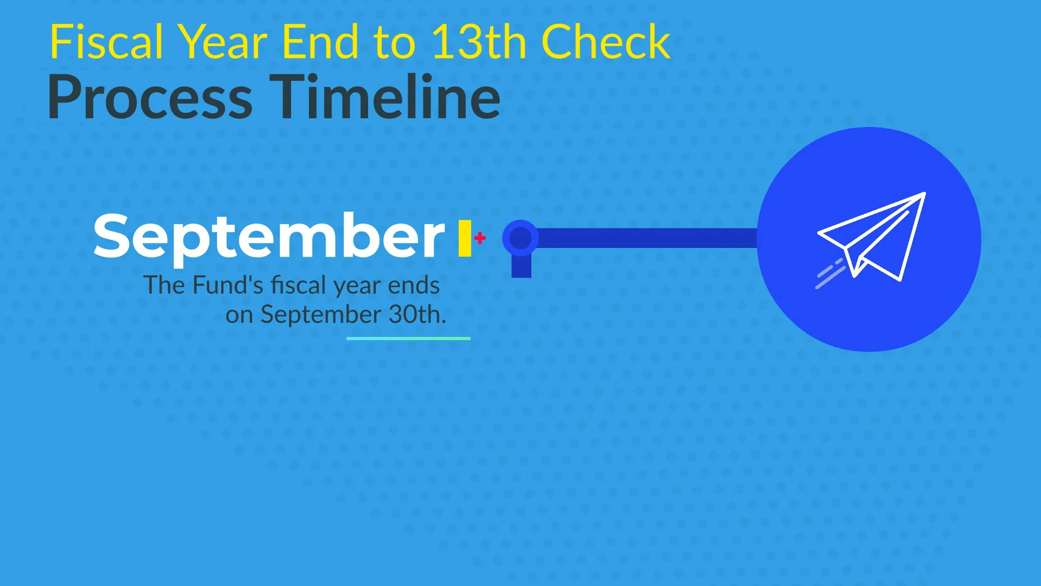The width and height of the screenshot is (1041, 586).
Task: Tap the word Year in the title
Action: pyautogui.click(x=223, y=42)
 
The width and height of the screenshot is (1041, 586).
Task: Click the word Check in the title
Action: pyautogui.click(x=606, y=42)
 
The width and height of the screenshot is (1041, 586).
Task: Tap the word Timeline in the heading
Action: pyautogui.click(x=385, y=97)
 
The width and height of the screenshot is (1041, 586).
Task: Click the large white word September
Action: pyautogui.click(x=269, y=237)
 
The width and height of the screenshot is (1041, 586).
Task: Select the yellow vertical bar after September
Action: pyautogui.click(x=465, y=238)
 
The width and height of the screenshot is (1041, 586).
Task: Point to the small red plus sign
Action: pyautogui.click(x=480, y=238)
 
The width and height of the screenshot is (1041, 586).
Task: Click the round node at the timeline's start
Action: pyautogui.click(x=520, y=238)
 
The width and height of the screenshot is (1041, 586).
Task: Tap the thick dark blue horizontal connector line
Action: pyautogui.click(x=645, y=238)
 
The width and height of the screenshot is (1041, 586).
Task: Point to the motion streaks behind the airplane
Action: pyautogui.click(x=830, y=274)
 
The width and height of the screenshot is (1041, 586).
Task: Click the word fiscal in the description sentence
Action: pyautogui.click(x=299, y=285)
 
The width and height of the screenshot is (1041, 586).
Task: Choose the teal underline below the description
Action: pyautogui.click(x=408, y=339)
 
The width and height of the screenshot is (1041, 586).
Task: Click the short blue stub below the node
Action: pyautogui.click(x=522, y=266)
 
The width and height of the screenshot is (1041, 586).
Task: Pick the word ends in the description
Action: pyautogui.click(x=414, y=285)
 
